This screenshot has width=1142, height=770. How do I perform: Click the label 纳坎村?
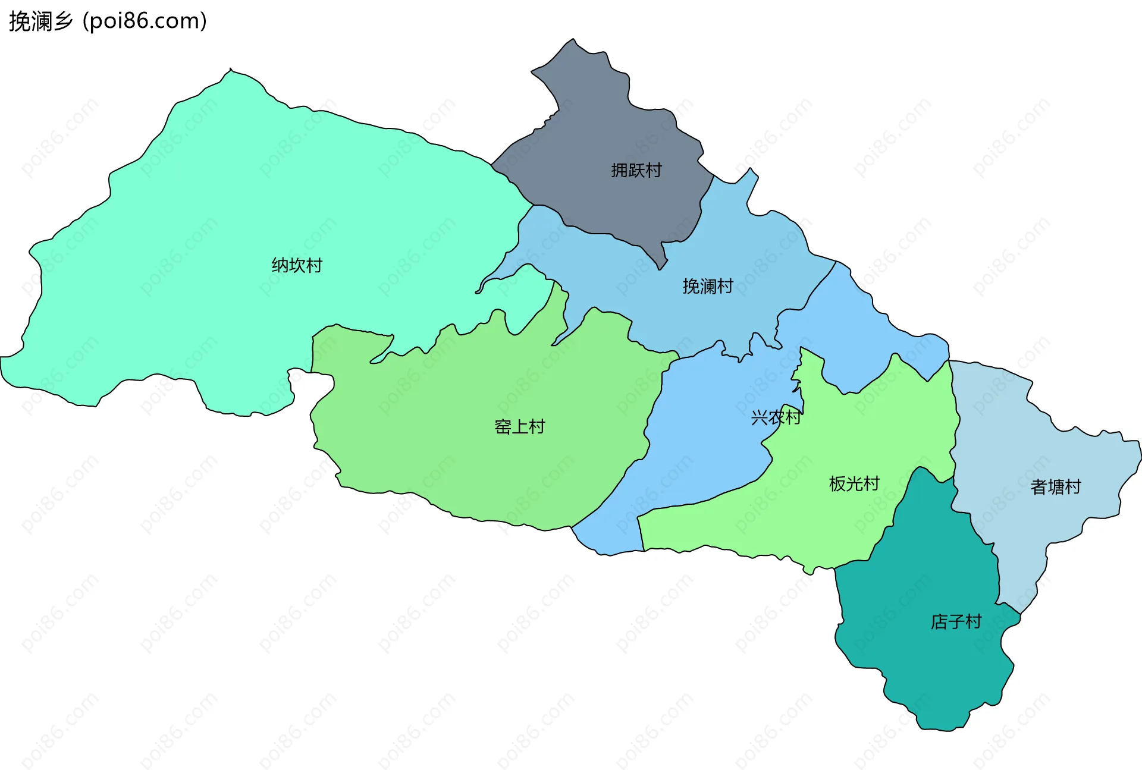[297, 265]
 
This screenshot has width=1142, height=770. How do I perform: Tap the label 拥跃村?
[636, 171]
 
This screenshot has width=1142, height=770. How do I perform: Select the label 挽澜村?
[707, 287]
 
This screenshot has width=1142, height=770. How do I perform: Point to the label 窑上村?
[519, 427]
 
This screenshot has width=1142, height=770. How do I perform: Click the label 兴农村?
[776, 417]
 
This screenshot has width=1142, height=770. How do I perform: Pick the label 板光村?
[854, 483]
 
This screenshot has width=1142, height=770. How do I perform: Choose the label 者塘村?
[1055, 487]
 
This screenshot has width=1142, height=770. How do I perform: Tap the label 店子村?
[955, 622]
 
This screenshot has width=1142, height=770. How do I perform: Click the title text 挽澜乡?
[40, 21]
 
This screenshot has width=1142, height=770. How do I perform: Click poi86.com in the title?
[145, 21]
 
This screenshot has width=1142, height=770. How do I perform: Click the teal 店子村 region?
[928, 666]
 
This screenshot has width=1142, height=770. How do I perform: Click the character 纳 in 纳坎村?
[280, 265]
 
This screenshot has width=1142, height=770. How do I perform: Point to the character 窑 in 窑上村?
[503, 427]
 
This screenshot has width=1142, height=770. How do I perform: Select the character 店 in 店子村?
[939, 622]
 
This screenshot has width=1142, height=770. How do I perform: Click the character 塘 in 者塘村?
[1056, 487]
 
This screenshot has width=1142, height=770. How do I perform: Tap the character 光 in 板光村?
[854, 483]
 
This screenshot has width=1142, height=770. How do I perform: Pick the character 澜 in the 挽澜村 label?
[708, 287]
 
